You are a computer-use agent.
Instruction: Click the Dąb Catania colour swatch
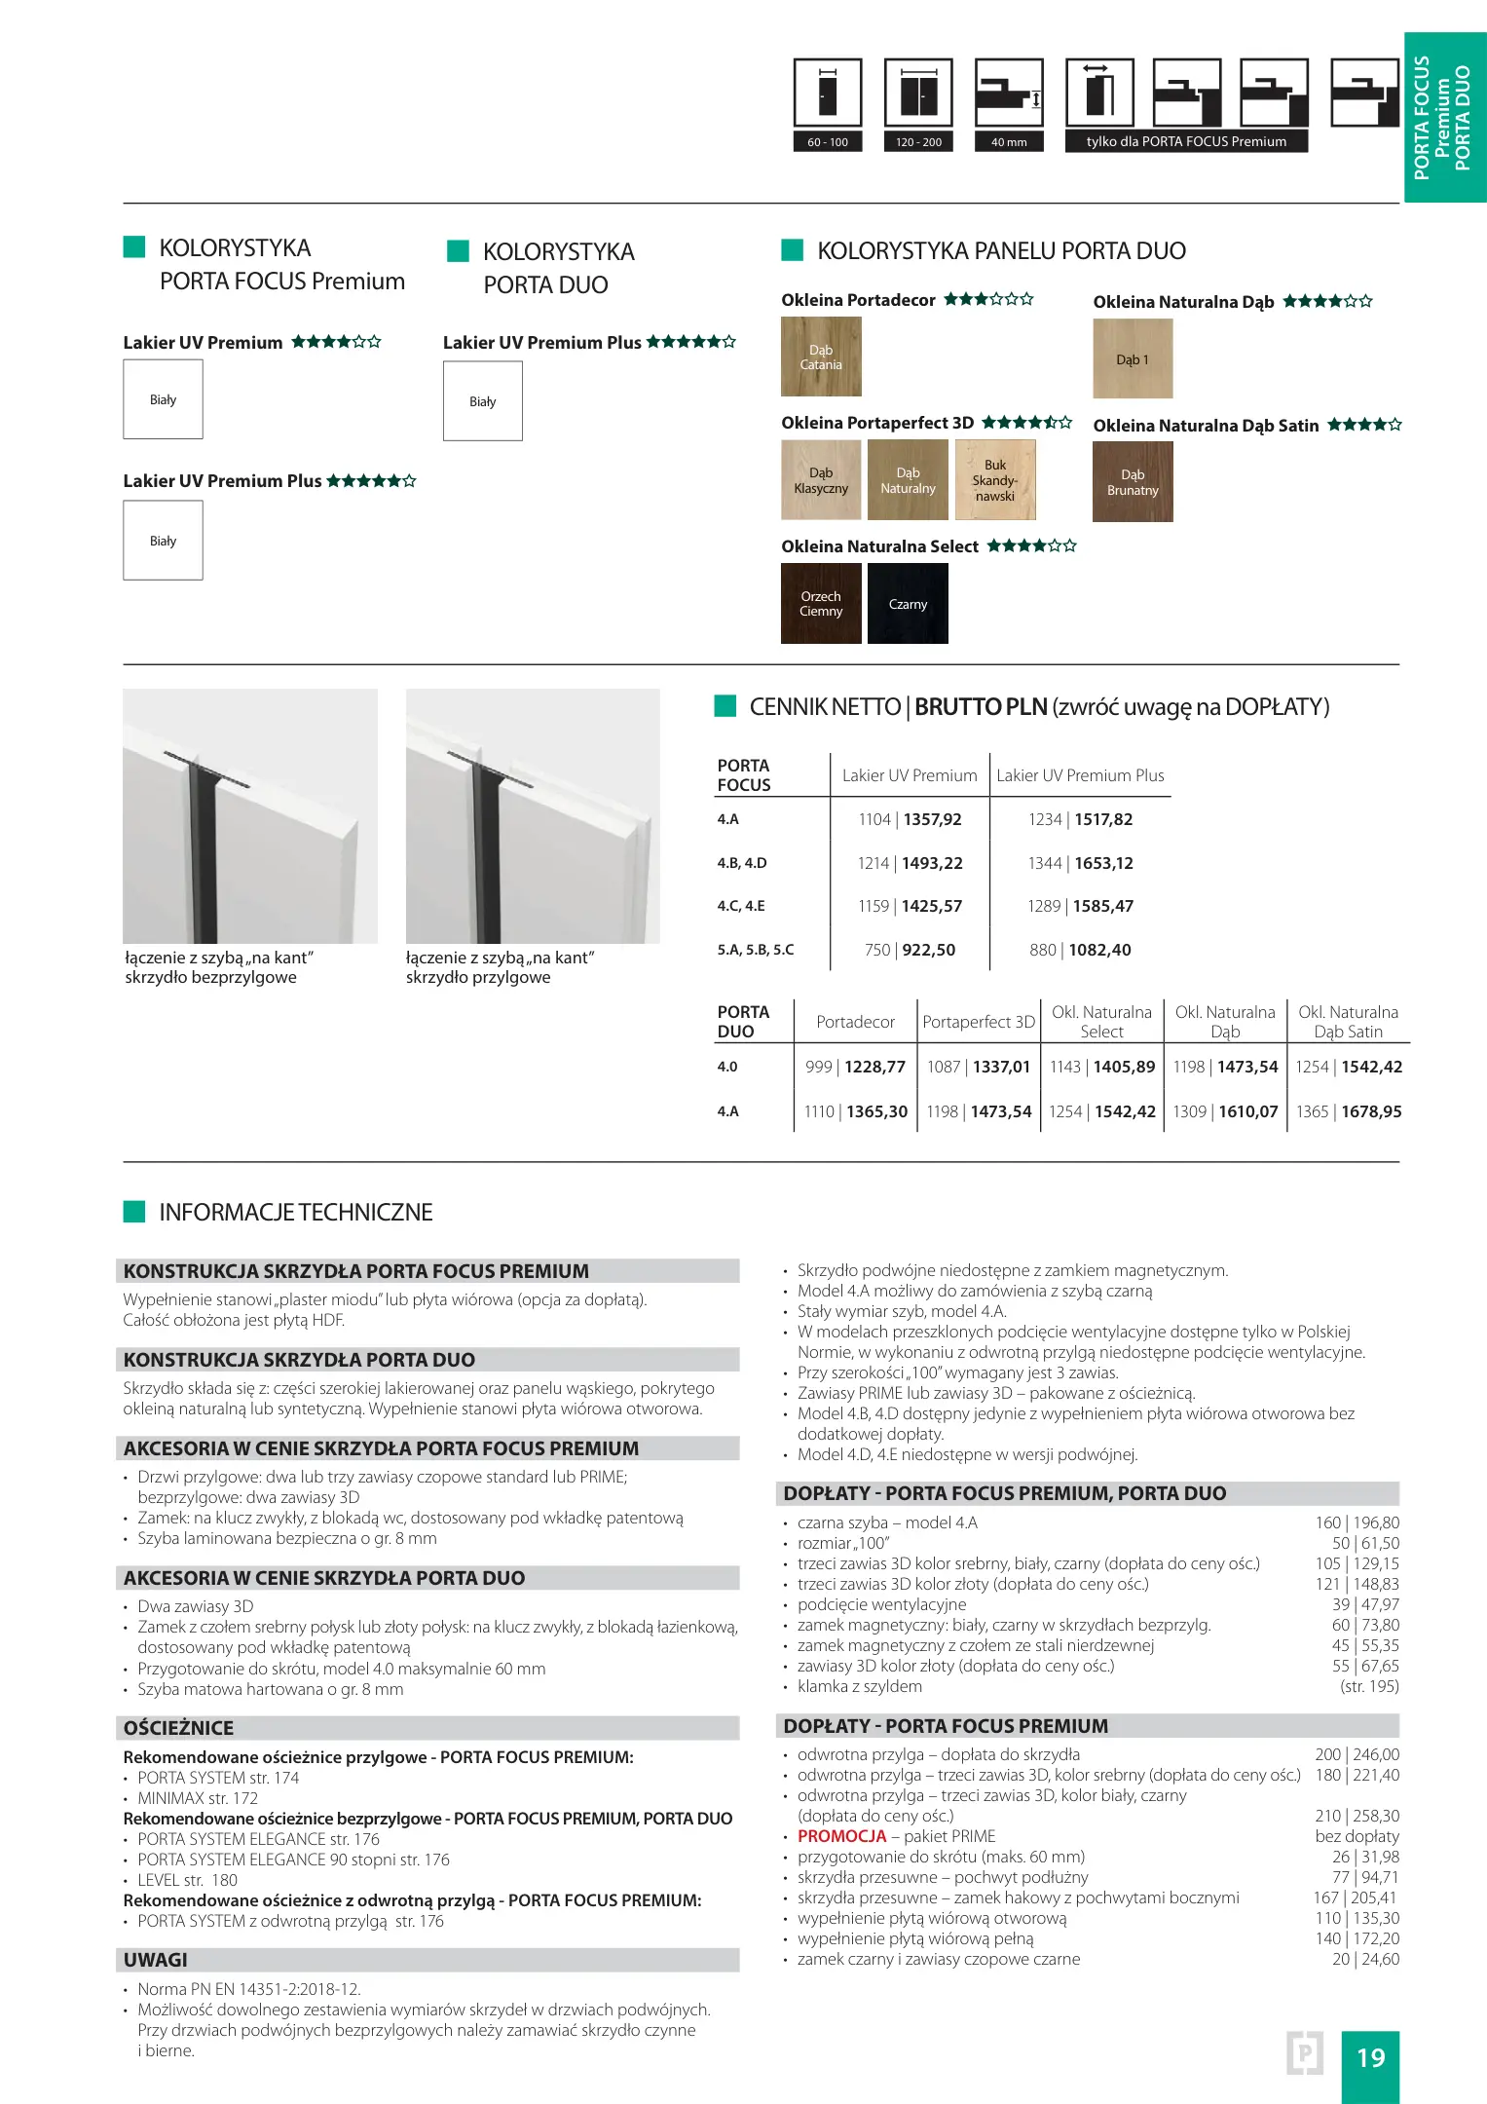(x=821, y=357)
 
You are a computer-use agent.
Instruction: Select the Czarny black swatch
(x=908, y=604)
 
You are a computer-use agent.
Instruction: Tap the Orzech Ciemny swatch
(x=821, y=604)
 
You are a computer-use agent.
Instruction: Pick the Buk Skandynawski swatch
(x=995, y=480)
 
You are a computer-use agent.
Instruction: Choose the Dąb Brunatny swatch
(x=1133, y=482)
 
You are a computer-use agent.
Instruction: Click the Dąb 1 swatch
(x=1133, y=359)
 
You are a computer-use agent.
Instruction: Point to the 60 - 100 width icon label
(x=828, y=142)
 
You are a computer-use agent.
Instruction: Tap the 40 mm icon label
(x=1009, y=142)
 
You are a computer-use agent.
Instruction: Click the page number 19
(x=1370, y=2057)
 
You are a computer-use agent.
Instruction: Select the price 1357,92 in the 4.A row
(x=932, y=819)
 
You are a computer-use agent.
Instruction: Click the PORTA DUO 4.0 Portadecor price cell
(x=855, y=1067)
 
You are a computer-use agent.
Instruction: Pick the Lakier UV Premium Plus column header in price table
(x=1080, y=775)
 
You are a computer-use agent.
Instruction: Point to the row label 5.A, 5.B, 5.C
(x=756, y=950)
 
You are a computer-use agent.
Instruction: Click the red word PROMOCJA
(x=841, y=1836)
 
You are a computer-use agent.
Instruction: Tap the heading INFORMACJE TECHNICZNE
(x=296, y=1212)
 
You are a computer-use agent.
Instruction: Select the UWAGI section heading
(x=156, y=1960)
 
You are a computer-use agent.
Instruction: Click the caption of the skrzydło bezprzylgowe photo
(x=219, y=967)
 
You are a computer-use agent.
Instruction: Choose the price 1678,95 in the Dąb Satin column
(x=1371, y=1111)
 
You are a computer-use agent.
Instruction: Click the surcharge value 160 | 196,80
(x=1357, y=1522)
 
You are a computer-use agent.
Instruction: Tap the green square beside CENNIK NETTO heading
(x=725, y=706)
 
